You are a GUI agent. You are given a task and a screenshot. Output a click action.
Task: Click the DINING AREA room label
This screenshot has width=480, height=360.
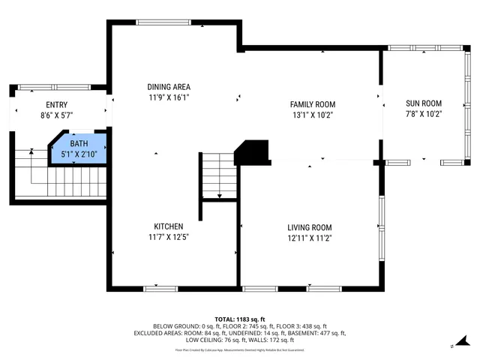[x=169, y=86]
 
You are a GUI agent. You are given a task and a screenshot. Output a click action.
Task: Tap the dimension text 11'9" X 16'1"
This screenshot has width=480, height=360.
[x=169, y=97]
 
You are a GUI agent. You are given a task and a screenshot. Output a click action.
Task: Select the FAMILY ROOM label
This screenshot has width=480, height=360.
[x=313, y=104]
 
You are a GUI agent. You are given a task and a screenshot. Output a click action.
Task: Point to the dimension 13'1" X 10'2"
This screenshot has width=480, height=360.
[x=313, y=115]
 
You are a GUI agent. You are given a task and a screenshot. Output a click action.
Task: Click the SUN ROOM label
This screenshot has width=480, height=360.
[x=423, y=103]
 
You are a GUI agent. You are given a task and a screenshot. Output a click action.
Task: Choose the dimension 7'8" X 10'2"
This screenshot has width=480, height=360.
[x=423, y=114]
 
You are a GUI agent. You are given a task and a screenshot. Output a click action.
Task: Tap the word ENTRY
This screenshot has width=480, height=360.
[x=56, y=105]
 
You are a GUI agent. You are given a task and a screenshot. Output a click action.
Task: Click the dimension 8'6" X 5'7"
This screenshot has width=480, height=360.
[x=56, y=115]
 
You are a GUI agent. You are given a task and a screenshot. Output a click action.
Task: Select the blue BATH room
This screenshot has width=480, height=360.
[x=79, y=148]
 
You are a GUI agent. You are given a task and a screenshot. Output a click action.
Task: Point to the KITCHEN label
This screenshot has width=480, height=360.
[x=169, y=226]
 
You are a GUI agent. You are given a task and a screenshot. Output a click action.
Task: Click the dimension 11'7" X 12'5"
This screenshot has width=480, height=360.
[x=169, y=237]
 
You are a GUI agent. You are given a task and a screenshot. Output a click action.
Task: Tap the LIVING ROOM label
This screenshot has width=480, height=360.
[x=309, y=227]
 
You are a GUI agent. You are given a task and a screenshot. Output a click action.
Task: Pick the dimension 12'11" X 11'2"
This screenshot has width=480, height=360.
[x=309, y=238]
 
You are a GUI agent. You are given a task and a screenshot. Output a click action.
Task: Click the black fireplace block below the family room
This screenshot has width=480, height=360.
[x=252, y=152]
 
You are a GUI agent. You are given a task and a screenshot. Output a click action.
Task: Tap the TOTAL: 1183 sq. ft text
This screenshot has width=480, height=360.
[x=240, y=319]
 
